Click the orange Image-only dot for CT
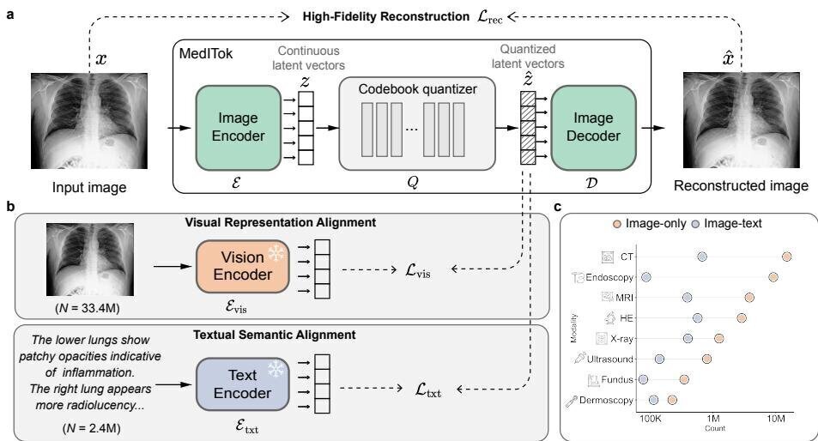click(786, 257)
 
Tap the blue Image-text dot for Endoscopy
click(646, 277)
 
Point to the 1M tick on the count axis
click(713, 418)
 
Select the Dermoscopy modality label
click(606, 401)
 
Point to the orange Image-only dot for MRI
click(749, 297)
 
